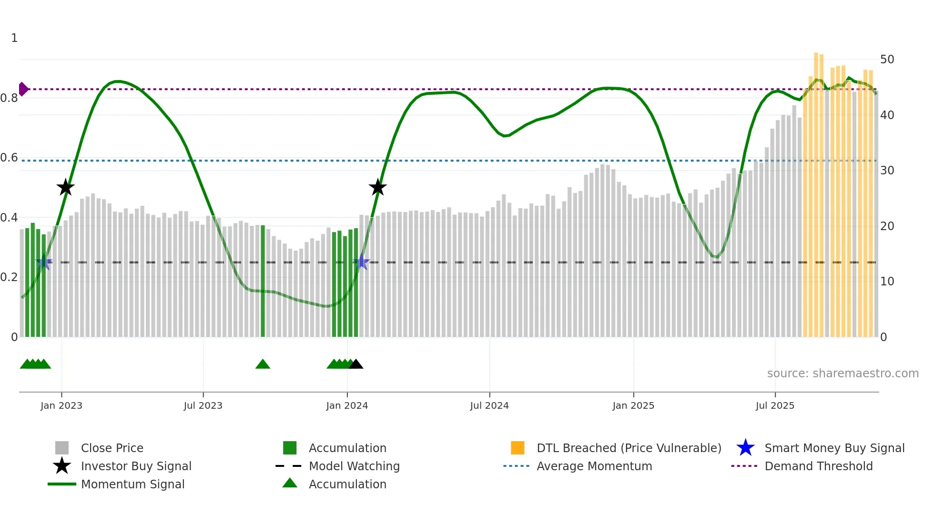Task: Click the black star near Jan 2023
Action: pos(65,187)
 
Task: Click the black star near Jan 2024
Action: pos(377,187)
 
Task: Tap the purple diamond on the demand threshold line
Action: pos(23,89)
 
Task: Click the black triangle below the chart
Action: pos(355,364)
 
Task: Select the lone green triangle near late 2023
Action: pos(263,364)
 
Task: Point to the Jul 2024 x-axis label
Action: pos(489,405)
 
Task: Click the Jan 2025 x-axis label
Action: pos(633,405)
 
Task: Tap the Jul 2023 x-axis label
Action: pos(203,405)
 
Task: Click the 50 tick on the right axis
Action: pos(887,60)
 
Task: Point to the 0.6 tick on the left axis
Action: pos(9,158)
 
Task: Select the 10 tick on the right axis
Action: pos(887,282)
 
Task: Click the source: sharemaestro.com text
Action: pos(843,374)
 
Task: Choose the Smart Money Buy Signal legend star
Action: pos(745,448)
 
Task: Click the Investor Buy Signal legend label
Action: pos(136,466)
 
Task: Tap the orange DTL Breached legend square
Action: pos(518,448)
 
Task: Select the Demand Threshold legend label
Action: pos(818,466)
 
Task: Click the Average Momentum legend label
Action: pos(594,466)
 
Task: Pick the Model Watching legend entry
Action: pos(354,466)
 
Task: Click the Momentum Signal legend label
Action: pos(132,484)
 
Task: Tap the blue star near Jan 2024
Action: pos(362,262)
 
